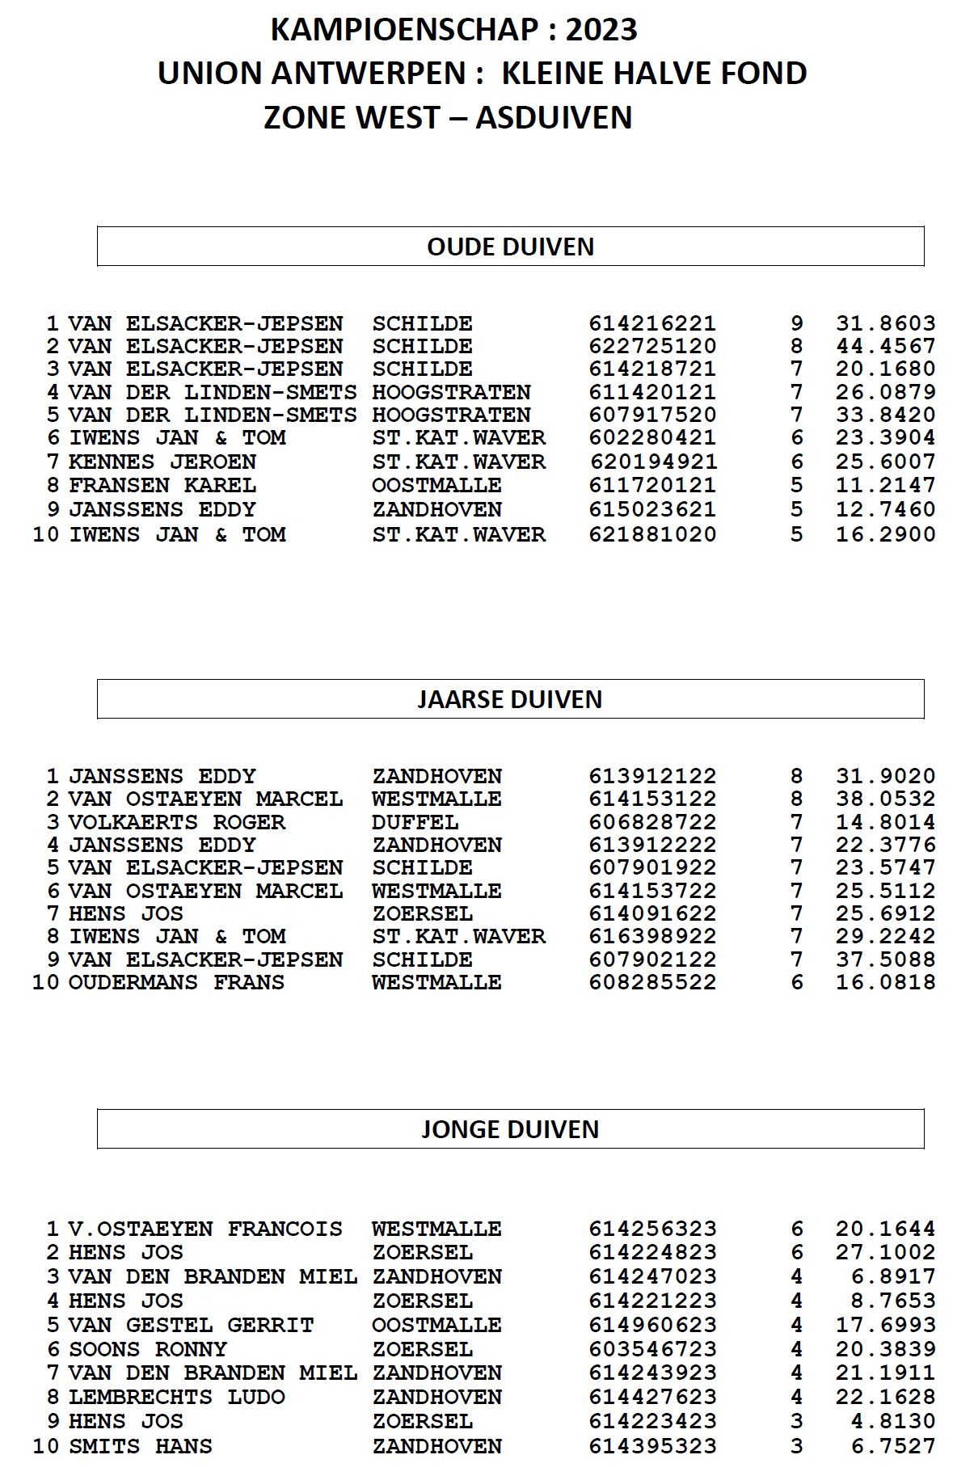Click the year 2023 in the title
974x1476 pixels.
pyautogui.click(x=601, y=30)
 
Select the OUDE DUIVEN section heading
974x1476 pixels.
pyautogui.click(x=510, y=247)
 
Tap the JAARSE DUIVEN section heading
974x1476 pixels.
pyautogui.click(x=510, y=699)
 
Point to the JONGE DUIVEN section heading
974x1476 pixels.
pyautogui.click(x=510, y=1129)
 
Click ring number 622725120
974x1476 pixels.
pyautogui.click(x=652, y=347)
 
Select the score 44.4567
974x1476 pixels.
pyautogui.click(x=885, y=347)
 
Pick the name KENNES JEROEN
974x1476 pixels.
pyautogui.click(x=162, y=462)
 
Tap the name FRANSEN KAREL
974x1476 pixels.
pyautogui.click(x=162, y=486)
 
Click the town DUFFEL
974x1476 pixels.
pyautogui.click(x=415, y=823)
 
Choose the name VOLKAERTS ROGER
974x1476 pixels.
pyautogui.click(x=177, y=823)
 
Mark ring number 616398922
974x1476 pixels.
pyautogui.click(x=652, y=937)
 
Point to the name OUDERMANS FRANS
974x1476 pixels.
pyautogui.click(x=177, y=983)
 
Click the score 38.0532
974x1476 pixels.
pyautogui.click(x=885, y=799)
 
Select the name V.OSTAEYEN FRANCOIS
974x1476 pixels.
pyautogui.click(x=205, y=1229)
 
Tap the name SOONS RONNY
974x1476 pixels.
pyautogui.click(x=148, y=1350)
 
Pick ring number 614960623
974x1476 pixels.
pyautogui.click(x=652, y=1326)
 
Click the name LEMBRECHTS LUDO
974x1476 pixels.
pyautogui.click(x=177, y=1398)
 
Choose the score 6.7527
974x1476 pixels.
pyautogui.click(x=892, y=1446)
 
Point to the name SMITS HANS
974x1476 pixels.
pyautogui.click(x=141, y=1446)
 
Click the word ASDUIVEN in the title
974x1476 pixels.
pyautogui.click(x=554, y=118)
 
